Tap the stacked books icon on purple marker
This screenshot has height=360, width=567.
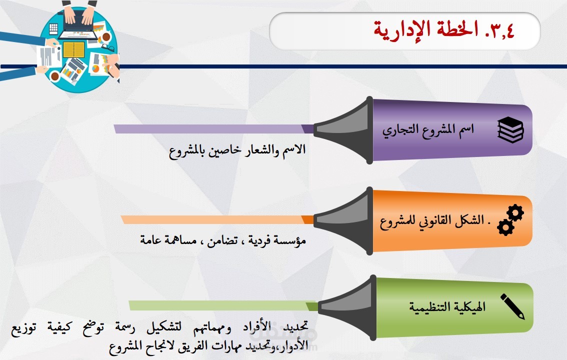tap(510, 130)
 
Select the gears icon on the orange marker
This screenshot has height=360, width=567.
tap(510, 220)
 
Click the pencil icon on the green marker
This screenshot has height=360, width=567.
tap(512, 306)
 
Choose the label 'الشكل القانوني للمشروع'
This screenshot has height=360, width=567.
tap(432, 220)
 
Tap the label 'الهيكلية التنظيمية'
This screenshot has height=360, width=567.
tap(447, 307)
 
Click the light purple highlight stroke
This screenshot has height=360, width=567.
tap(213, 129)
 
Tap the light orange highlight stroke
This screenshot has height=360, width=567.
tap(217, 220)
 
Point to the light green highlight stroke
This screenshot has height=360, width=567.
tap(223, 305)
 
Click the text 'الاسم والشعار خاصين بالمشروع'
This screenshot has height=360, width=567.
tap(237, 150)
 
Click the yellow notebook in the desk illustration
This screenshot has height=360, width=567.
tap(74, 49)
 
